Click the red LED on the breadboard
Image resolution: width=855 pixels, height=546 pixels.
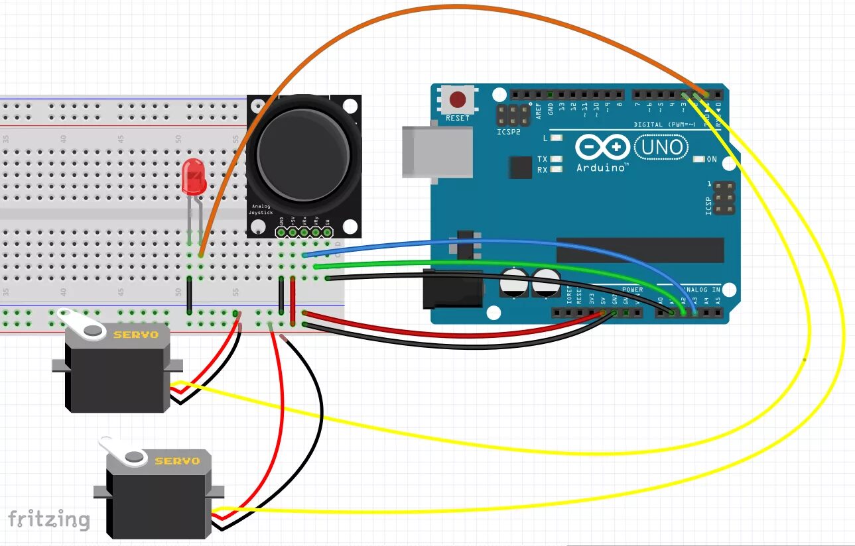(x=194, y=176)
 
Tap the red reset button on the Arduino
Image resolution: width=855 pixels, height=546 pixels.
(x=458, y=100)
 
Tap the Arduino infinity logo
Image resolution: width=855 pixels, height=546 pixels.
(x=602, y=147)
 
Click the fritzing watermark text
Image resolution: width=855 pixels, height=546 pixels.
(x=49, y=519)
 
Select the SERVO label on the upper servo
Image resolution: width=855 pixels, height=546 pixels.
(x=136, y=335)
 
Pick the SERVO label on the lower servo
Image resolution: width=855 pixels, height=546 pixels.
(x=177, y=461)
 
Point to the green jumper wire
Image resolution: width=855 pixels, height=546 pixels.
(x=504, y=264)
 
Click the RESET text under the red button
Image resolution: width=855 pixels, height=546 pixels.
(x=458, y=118)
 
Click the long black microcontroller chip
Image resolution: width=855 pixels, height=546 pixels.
(x=639, y=250)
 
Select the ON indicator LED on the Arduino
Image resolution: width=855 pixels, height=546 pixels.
(x=698, y=160)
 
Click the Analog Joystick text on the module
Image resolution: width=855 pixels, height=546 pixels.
(x=261, y=209)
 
